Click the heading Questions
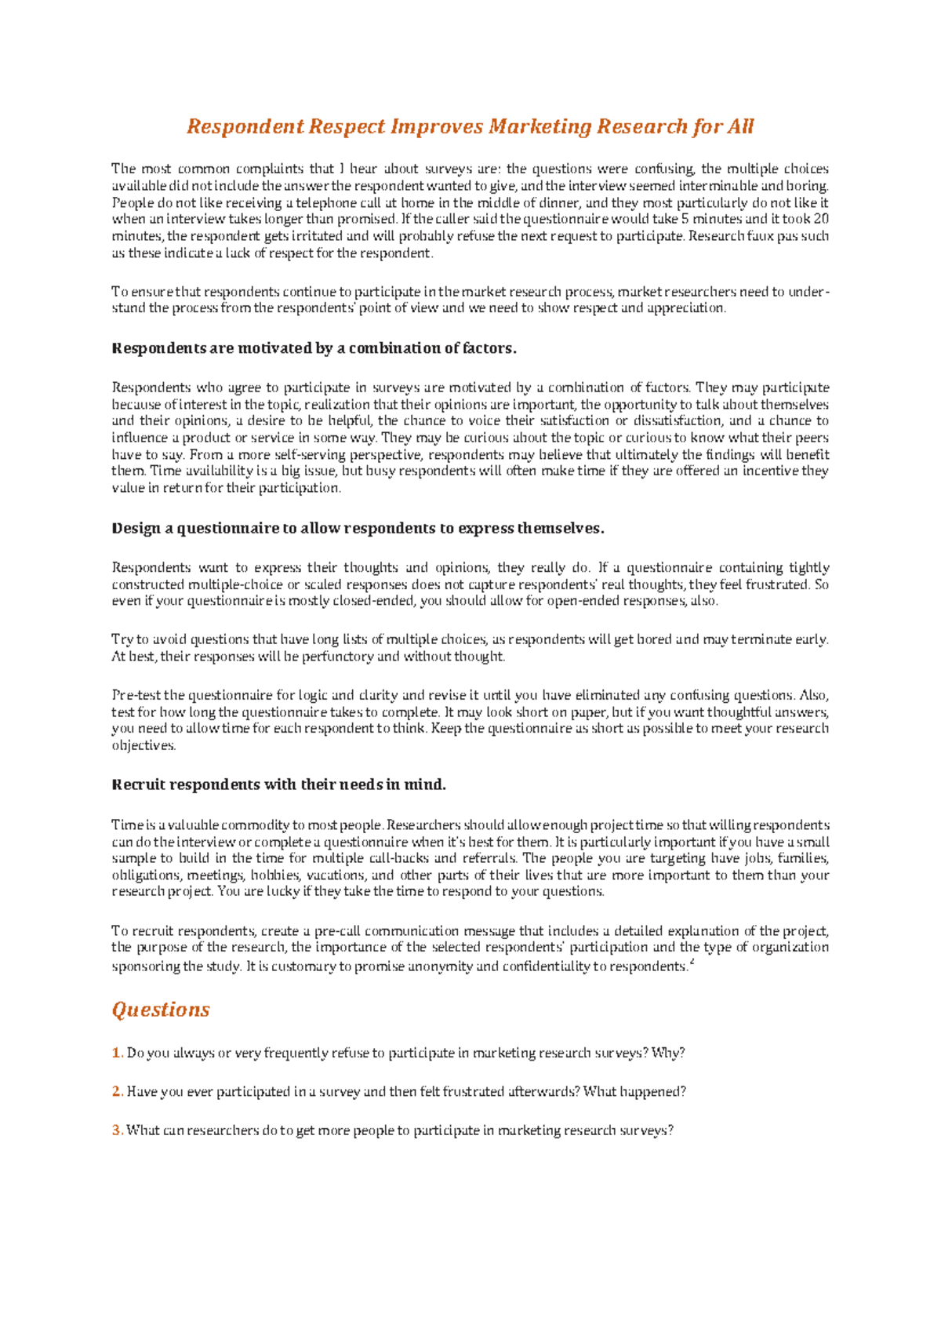point(161,1010)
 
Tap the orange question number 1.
point(117,1053)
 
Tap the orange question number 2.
point(117,1091)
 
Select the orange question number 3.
point(117,1130)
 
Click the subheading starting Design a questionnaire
point(358,528)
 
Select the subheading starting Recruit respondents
point(279,784)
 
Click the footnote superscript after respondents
point(691,962)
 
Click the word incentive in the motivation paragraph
point(770,471)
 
